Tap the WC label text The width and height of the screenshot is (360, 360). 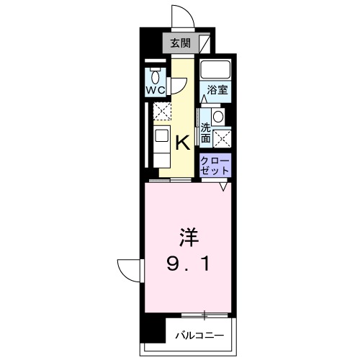point(156,90)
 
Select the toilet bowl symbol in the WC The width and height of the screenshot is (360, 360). point(156,76)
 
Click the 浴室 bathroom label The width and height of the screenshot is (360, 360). point(217,90)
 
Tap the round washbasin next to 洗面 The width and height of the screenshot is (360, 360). point(218,117)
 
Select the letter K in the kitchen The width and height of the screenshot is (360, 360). point(183,141)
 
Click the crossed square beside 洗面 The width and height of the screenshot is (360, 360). point(222,135)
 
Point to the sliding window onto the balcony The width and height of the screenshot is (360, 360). point(206,315)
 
